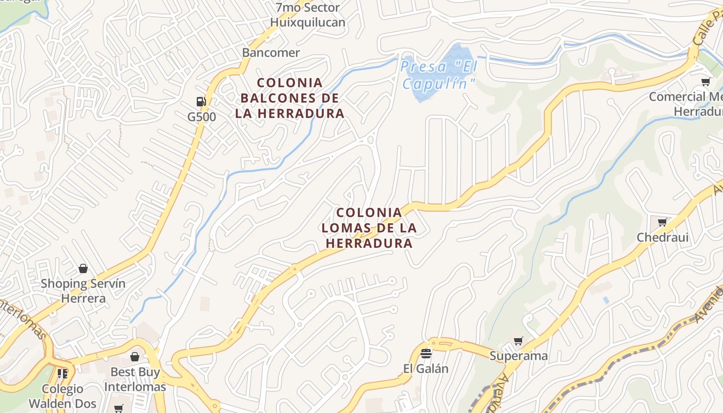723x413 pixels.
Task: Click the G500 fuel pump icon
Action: point(201,101)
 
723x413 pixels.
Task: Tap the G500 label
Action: point(201,117)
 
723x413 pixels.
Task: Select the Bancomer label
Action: point(271,53)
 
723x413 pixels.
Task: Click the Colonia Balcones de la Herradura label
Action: point(289,98)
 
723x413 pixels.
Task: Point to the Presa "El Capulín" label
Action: point(438,75)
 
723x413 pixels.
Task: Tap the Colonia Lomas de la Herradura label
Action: point(369,228)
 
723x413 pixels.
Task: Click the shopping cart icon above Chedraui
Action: point(662,222)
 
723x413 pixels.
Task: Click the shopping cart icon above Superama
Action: point(518,341)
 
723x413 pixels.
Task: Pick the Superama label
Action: point(518,356)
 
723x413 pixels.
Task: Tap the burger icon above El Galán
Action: point(426,354)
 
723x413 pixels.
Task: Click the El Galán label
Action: point(426,369)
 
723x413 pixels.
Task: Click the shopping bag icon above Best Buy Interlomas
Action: point(135,357)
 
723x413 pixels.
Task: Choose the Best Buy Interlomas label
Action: point(135,379)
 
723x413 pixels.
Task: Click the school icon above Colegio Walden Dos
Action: point(62,373)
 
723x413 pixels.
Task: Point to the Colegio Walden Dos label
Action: point(62,396)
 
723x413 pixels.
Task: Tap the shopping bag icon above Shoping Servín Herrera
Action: point(83,268)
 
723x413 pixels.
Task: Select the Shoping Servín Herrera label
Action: point(83,291)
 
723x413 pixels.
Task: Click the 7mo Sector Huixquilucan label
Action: point(308,15)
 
